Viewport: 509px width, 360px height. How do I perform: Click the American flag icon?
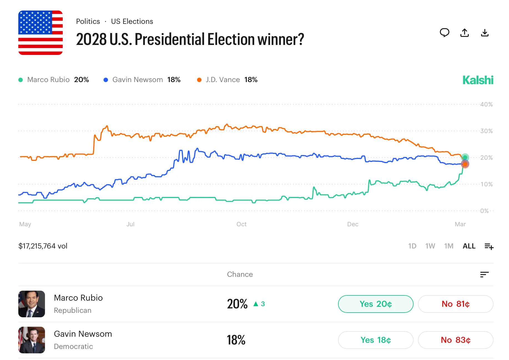coord(41,33)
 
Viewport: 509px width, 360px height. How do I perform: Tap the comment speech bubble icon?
coord(444,33)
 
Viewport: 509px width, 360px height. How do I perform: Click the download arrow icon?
coord(485,33)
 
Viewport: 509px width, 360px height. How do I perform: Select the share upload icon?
coord(465,33)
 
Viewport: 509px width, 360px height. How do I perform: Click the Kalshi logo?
coord(478,80)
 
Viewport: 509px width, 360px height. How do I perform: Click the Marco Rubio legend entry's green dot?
coord(21,80)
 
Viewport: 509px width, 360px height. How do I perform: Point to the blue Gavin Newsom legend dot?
coord(106,80)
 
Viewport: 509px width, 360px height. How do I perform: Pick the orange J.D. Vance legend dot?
coord(199,80)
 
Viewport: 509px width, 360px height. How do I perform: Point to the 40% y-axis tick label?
coord(486,105)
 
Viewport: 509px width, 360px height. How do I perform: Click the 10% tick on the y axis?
coord(486,184)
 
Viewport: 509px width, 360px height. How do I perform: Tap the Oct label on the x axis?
coord(241,224)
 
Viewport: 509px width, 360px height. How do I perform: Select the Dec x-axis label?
coord(352,224)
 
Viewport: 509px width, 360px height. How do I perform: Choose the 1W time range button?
coord(430,246)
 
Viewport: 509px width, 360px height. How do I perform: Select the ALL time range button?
coord(469,246)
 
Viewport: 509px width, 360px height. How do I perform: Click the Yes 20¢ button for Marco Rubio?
coord(376,304)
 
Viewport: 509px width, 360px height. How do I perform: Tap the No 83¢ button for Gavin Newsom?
coord(455,340)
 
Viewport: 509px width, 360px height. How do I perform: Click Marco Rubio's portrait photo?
coord(32,304)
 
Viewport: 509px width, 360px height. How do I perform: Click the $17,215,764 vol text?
coord(43,246)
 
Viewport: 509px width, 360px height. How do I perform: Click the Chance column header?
coord(240,274)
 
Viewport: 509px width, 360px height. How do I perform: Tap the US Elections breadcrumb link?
coord(132,21)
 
